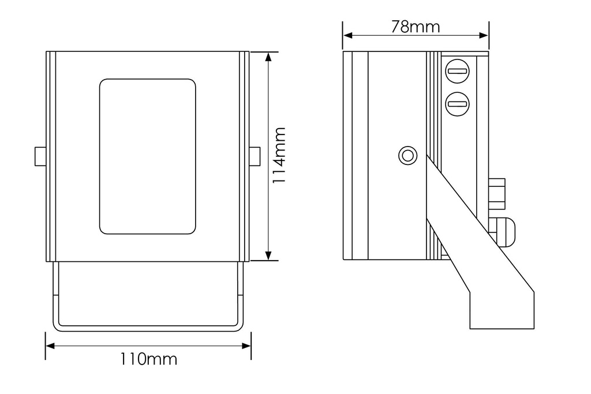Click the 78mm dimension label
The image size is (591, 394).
pyautogui.click(x=415, y=27)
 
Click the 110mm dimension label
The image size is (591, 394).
pyautogui.click(x=148, y=359)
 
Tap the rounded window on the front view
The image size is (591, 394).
pyautogui.click(x=147, y=156)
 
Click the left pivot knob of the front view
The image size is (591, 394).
pyautogui.click(x=40, y=156)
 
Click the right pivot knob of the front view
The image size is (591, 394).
pyautogui.click(x=255, y=156)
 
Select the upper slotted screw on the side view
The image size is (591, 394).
pyautogui.click(x=458, y=72)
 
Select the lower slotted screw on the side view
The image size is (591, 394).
pyautogui.click(x=458, y=104)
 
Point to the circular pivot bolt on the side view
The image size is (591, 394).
pyautogui.click(x=408, y=155)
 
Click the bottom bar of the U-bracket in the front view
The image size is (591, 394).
pyautogui.click(x=148, y=328)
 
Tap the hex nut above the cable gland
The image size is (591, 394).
pyautogui.click(x=496, y=195)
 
